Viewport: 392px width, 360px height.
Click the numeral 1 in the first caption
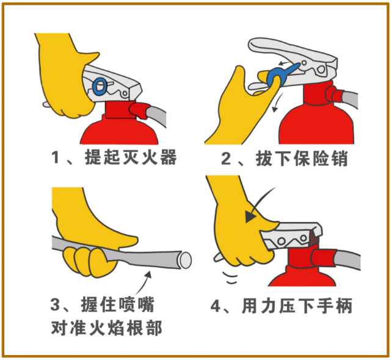click(x=56, y=157)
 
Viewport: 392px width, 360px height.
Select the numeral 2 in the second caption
click(x=226, y=159)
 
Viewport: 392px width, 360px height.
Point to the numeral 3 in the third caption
click(x=55, y=304)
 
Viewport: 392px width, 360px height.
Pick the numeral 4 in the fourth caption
click(x=216, y=306)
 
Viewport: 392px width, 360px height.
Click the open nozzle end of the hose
click(x=185, y=260)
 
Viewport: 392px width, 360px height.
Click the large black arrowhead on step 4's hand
click(x=251, y=217)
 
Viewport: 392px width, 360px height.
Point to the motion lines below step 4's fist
click(x=230, y=278)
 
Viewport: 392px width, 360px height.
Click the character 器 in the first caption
click(x=169, y=157)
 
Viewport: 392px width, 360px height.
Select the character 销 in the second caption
click(x=339, y=159)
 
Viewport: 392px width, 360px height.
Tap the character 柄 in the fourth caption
click(x=344, y=306)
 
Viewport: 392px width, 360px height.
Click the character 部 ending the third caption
click(x=154, y=328)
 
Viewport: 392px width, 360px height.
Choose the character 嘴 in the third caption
click(x=147, y=304)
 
